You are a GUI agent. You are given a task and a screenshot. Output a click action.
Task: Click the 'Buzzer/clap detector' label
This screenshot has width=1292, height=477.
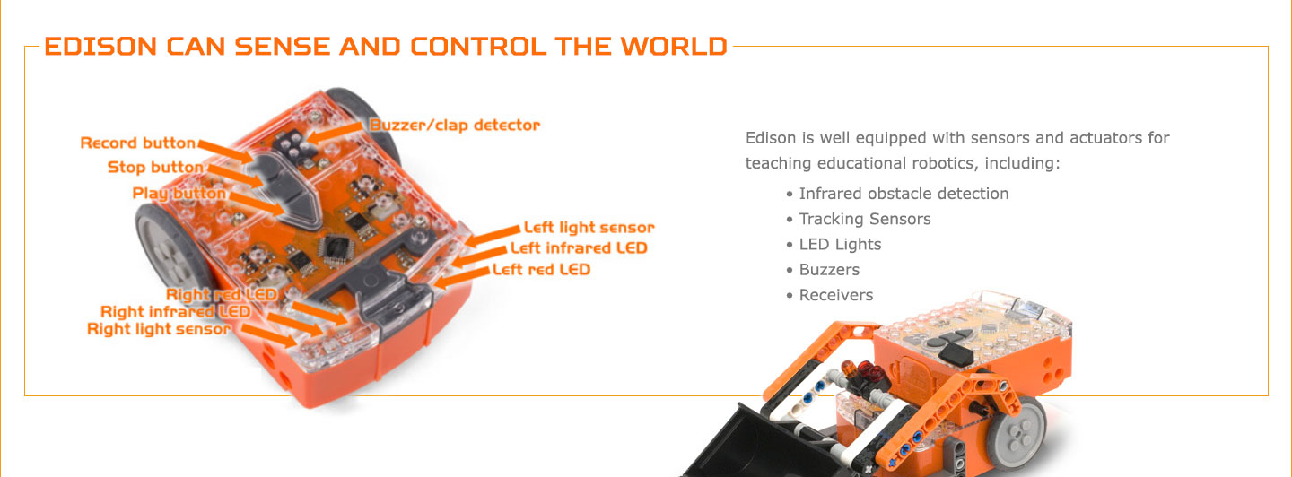(x=455, y=125)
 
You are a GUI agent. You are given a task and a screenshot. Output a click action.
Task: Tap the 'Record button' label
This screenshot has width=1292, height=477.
(x=137, y=143)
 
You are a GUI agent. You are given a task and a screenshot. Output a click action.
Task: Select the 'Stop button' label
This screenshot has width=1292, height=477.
(x=155, y=168)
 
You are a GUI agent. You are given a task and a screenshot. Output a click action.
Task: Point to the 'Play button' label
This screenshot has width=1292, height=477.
(x=179, y=194)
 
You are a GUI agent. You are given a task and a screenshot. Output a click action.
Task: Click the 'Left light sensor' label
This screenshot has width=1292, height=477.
(x=589, y=228)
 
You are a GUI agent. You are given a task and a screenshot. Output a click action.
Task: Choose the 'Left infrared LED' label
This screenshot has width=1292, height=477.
(x=578, y=247)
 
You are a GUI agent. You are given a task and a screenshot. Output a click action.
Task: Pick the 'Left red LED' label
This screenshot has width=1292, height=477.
(x=541, y=269)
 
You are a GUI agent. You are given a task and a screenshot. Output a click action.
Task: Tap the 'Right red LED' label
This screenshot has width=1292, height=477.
(x=221, y=294)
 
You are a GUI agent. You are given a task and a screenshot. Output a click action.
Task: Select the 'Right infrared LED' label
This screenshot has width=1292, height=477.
(x=175, y=312)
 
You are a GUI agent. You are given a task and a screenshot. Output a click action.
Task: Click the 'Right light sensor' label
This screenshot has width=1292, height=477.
(x=158, y=329)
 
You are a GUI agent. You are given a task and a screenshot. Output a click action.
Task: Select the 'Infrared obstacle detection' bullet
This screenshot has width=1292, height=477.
(x=904, y=194)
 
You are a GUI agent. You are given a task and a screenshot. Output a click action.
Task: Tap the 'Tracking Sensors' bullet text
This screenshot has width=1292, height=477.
(x=865, y=219)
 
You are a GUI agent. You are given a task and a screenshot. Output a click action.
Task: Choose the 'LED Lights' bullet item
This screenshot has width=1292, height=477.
(x=840, y=244)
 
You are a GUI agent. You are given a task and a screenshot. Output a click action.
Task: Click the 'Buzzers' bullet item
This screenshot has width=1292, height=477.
(x=829, y=270)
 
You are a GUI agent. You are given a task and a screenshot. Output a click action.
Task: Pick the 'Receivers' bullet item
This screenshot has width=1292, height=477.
(x=835, y=295)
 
